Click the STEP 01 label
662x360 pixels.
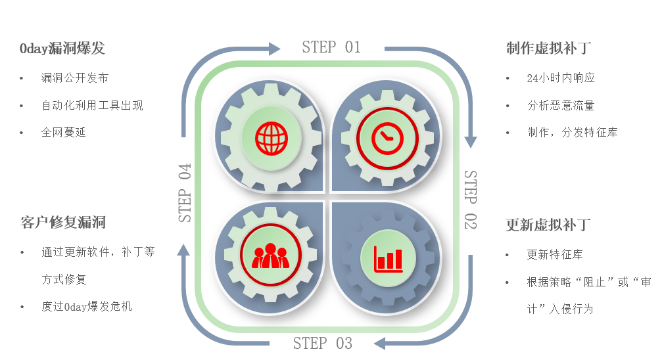331,47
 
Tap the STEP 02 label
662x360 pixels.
470,200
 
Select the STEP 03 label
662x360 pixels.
322,343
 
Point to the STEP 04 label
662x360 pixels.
185,192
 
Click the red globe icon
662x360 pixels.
272,139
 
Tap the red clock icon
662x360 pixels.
387,138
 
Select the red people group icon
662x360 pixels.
270,256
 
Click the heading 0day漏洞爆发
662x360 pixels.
62,49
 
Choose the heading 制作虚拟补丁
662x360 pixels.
548,49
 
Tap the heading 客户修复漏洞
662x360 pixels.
63,223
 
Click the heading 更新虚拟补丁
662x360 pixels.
548,225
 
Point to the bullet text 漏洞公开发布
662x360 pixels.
75,78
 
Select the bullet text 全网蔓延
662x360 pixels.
64,133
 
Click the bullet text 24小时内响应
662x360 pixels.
561,78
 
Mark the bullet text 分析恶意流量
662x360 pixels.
561,106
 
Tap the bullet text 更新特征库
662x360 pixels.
555,255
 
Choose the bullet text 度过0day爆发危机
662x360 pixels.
87,306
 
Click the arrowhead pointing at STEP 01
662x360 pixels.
274,49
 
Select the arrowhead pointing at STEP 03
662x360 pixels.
379,343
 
